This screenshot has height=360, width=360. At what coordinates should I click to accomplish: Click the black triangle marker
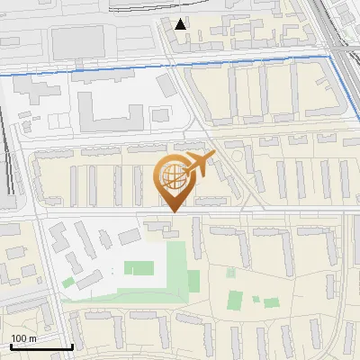[182, 24]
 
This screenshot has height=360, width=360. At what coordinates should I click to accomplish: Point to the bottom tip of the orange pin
[172, 211]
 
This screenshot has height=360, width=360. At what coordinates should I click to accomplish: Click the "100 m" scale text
[23, 338]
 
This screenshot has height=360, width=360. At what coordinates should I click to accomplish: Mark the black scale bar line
[41, 346]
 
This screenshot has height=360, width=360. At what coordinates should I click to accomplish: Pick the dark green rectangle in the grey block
[140, 267]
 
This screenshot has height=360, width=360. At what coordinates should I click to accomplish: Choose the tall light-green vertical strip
[193, 268]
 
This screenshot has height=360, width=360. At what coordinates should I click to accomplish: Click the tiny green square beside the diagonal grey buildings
[68, 282]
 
